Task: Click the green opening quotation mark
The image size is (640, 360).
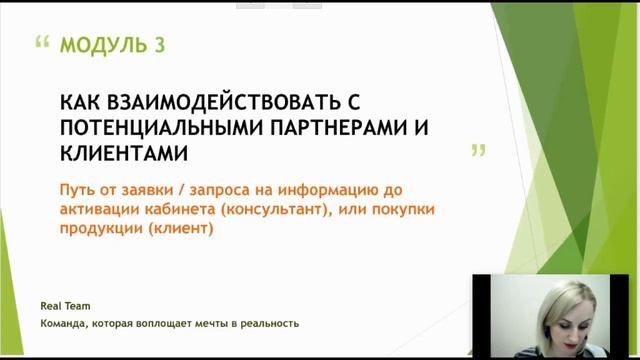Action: (x=42, y=44)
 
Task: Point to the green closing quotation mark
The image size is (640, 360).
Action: (x=478, y=151)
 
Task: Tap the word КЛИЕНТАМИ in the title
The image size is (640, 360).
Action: (x=124, y=153)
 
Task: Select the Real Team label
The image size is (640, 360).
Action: (x=66, y=307)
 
